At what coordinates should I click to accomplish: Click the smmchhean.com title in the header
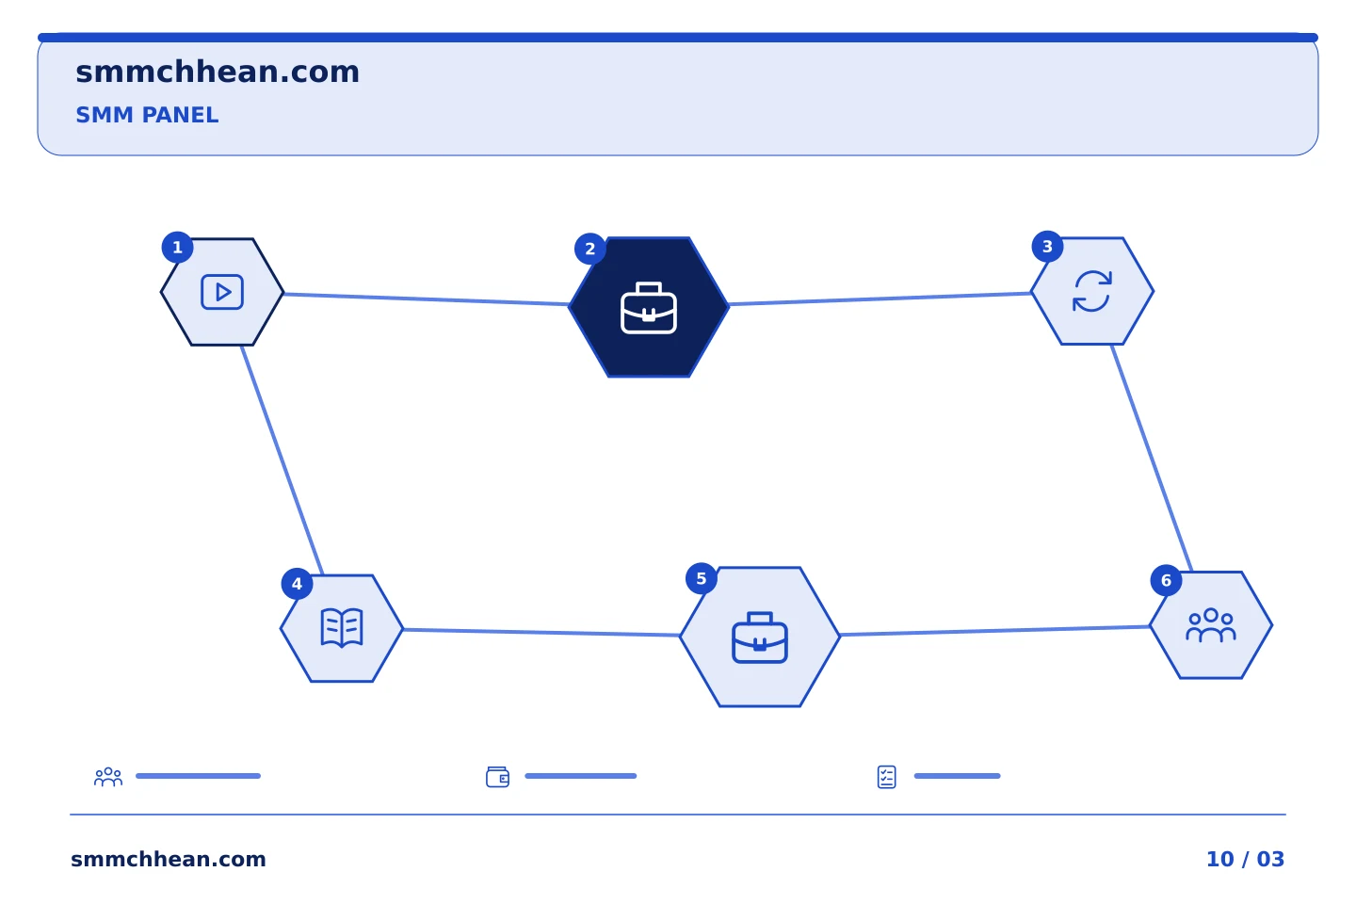[x=218, y=73]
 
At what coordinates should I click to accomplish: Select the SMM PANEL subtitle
[x=147, y=115]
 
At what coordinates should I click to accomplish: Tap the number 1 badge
[x=177, y=248]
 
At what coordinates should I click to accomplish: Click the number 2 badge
[x=590, y=249]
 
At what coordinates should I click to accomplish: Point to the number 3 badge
[x=1047, y=247]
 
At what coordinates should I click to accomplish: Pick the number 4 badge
[x=297, y=584]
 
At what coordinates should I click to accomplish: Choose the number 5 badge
[x=701, y=579]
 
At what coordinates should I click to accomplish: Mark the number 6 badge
[x=1166, y=581]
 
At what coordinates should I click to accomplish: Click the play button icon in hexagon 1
[x=222, y=293]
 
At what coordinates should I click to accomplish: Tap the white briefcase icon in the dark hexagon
[x=648, y=308]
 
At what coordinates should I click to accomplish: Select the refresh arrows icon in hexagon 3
[x=1092, y=291]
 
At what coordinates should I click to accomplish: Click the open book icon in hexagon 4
[x=342, y=628]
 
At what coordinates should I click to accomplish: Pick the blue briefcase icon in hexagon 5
[x=760, y=638]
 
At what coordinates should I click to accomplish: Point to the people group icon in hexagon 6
[x=1211, y=625]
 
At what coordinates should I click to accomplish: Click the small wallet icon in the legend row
[x=497, y=777]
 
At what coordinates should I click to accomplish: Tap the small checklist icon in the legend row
[x=887, y=777]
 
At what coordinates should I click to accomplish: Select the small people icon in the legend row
[x=108, y=777]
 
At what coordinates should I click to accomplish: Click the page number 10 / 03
[x=1245, y=859]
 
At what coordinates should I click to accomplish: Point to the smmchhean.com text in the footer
[x=169, y=859]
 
